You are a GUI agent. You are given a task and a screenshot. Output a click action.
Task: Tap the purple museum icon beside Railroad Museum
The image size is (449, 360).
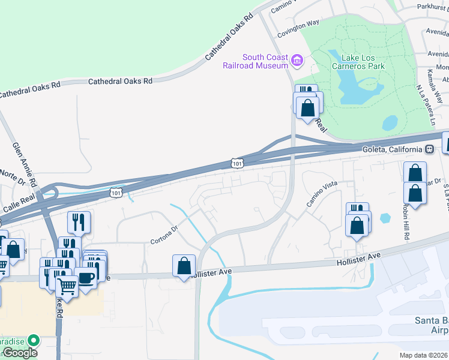click(x=297, y=61)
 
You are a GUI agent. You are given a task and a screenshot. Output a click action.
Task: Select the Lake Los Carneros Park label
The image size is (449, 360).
click(x=363, y=62)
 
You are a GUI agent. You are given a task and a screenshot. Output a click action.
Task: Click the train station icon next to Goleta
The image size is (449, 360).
click(x=429, y=149)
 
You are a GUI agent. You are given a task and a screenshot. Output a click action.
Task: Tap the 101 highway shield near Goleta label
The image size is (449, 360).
click(x=238, y=163)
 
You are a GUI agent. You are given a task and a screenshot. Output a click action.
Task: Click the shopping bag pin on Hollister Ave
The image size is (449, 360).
click(x=184, y=266)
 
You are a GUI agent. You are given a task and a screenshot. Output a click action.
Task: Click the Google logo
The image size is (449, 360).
click(x=19, y=353)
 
